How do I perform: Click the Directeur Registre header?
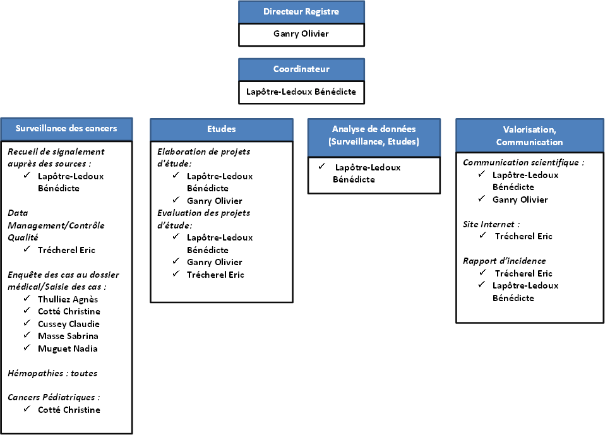click(301, 11)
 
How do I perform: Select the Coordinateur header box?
click(301, 69)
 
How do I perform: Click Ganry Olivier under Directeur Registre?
click(301, 34)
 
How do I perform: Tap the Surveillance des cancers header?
click(66, 129)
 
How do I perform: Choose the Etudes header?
click(222, 129)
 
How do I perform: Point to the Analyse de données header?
click(374, 135)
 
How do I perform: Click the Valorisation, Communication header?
click(529, 136)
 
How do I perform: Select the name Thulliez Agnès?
click(68, 299)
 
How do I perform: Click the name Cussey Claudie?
click(68, 324)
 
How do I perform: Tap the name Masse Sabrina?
click(68, 336)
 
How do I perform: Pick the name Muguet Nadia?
click(68, 349)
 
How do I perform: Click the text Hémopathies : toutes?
click(52, 373)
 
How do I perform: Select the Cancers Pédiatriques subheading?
click(54, 397)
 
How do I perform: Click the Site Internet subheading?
click(491, 225)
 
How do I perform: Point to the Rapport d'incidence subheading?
click(504, 261)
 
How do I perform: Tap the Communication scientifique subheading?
click(523, 163)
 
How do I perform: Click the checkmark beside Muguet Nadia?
click(27, 347)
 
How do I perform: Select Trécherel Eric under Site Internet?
click(523, 236)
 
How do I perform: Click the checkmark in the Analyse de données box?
click(321, 167)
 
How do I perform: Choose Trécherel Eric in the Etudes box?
click(215, 275)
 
